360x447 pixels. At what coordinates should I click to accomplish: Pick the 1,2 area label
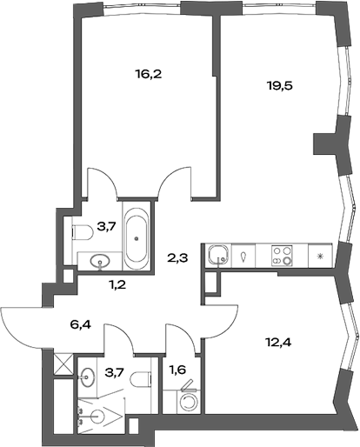tap(115, 284)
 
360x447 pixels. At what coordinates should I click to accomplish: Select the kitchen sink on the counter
tap(218, 256)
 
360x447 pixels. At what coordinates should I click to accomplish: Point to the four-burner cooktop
tap(283, 256)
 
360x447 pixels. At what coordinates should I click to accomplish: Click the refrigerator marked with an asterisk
tap(321, 256)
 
